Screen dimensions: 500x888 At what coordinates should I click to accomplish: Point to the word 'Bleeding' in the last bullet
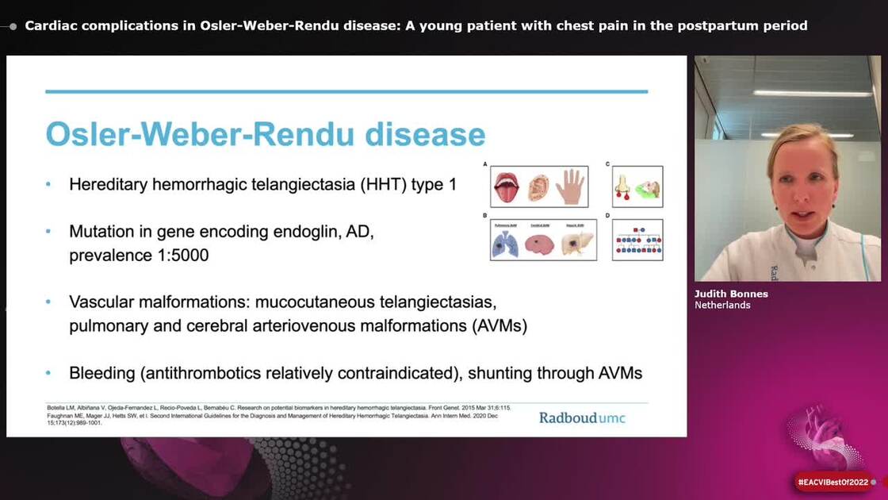(101, 372)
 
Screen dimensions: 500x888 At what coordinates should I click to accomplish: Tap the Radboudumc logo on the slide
(582, 417)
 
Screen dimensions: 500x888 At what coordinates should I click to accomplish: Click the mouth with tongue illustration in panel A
(506, 187)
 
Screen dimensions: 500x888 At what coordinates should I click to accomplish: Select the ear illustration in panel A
(538, 187)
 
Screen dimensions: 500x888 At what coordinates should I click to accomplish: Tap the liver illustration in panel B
(576, 244)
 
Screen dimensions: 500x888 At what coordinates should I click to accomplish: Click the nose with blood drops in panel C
(622, 187)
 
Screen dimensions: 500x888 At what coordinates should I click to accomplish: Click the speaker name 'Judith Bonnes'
(731, 294)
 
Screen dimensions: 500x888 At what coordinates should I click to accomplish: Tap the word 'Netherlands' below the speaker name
(722, 305)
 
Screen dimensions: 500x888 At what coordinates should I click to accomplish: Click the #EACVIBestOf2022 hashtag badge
(833, 482)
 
